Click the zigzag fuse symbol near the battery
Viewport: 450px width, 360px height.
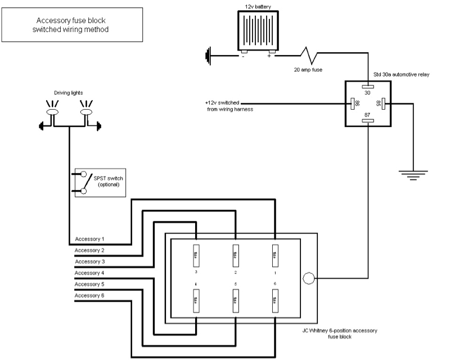(x=309, y=56)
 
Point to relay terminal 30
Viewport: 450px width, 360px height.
(x=368, y=88)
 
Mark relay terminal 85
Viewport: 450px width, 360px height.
(x=381, y=103)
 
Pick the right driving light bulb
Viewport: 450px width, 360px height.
(x=86, y=112)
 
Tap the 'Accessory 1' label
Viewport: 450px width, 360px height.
(x=90, y=239)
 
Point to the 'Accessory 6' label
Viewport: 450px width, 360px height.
(x=90, y=295)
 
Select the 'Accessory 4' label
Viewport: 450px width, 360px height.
(x=90, y=273)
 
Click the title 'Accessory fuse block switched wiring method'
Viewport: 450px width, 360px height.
(x=70, y=24)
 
